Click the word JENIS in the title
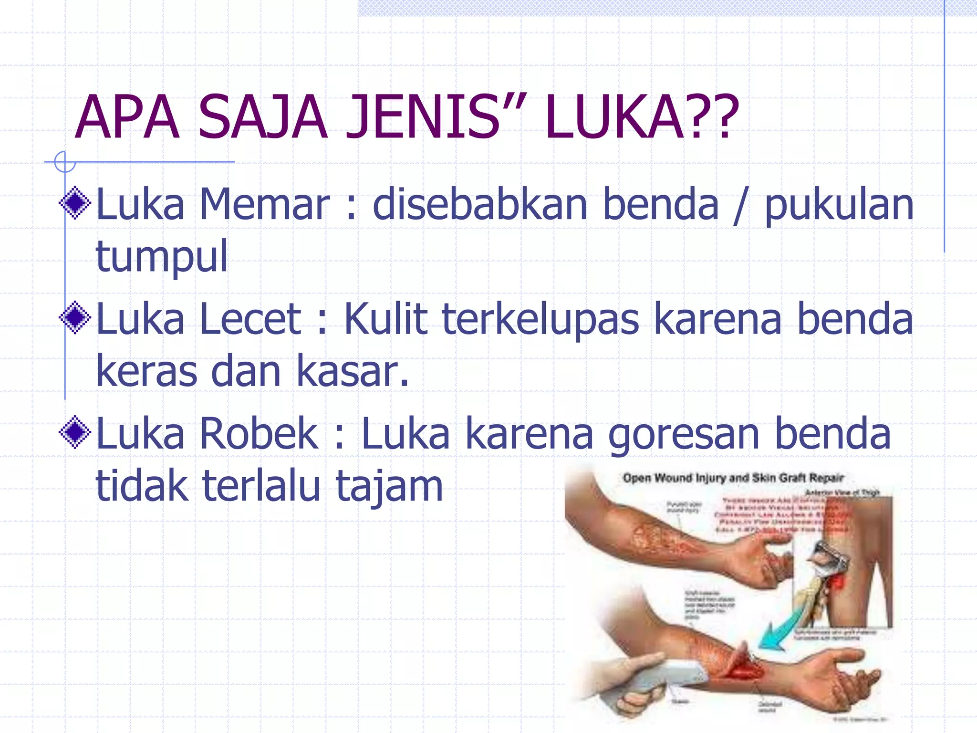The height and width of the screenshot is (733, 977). (422, 117)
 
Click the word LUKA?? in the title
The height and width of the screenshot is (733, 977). (642, 117)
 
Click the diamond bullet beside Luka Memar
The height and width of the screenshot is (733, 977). (75, 203)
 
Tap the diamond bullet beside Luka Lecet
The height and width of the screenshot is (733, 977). (75, 318)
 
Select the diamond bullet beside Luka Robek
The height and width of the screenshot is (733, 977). (75, 432)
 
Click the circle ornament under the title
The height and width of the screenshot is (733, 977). (64, 162)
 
